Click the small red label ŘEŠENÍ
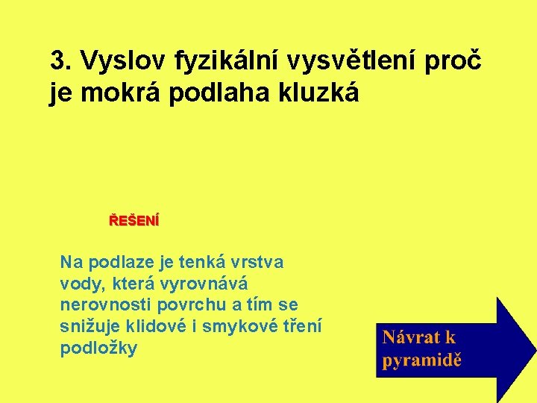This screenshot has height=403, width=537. coord(134,221)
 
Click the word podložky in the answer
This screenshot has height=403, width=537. coord(98,349)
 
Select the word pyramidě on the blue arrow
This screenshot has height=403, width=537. coord(422,360)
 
